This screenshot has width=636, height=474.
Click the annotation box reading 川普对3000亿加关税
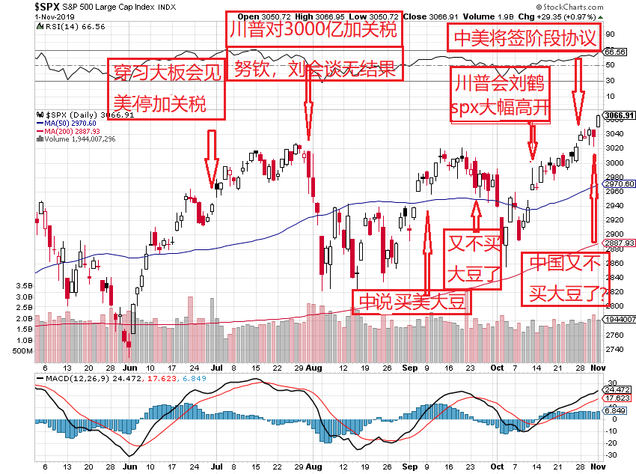point(314,31)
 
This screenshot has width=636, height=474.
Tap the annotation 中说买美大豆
point(412,301)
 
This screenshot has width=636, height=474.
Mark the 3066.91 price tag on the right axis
point(619,115)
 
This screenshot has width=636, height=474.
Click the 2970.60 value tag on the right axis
point(619,183)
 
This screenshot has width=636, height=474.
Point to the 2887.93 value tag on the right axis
point(619,243)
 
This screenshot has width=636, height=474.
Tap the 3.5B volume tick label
point(24,286)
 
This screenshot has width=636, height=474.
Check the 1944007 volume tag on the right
point(620,319)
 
